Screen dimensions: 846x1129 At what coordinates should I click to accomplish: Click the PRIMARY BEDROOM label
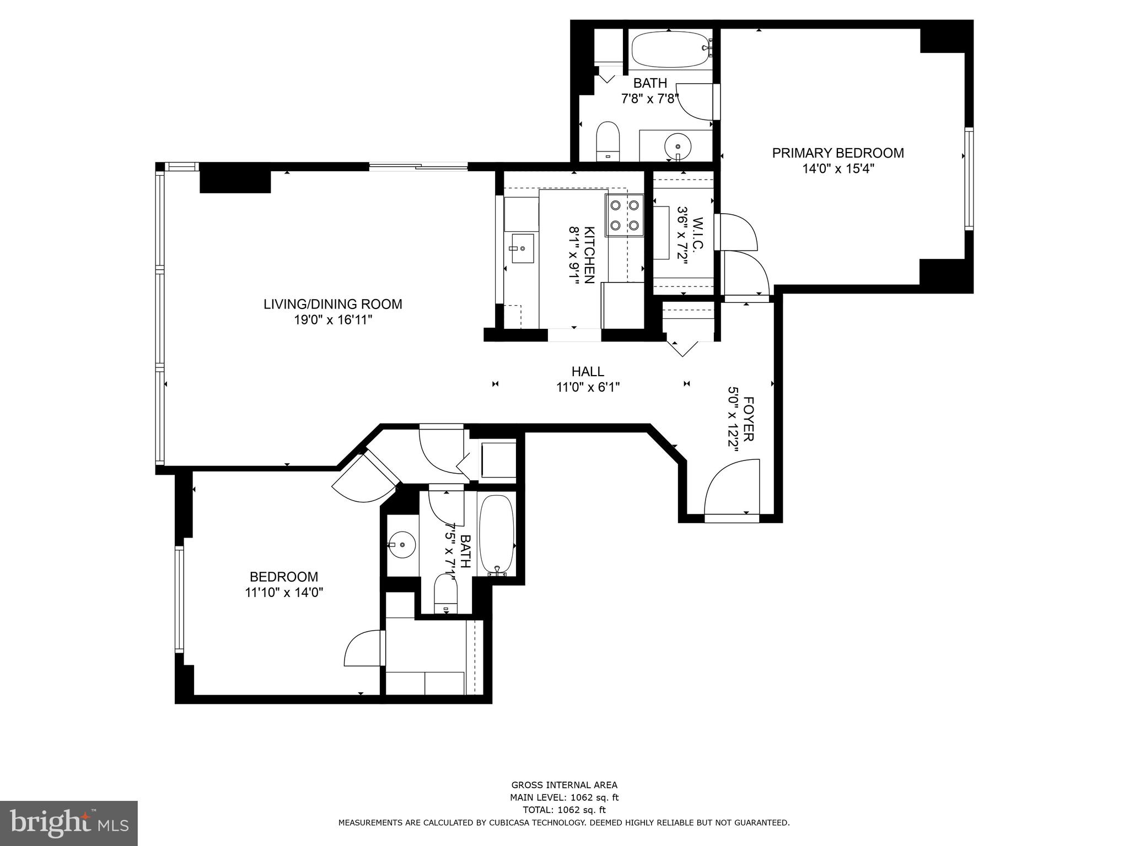point(837,153)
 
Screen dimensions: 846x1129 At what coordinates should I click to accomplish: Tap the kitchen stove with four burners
point(624,215)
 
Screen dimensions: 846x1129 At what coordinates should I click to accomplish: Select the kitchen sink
point(522,248)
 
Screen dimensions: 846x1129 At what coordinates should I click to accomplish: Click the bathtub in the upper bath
point(670,50)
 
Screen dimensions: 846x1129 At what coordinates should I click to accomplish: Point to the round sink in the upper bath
point(677,147)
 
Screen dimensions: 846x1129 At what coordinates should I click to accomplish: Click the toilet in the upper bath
point(608,140)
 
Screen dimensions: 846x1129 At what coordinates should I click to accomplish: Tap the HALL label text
point(588,372)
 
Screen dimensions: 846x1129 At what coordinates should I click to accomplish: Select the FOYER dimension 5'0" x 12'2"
point(733,419)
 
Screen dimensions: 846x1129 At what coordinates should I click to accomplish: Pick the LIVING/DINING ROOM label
point(332,304)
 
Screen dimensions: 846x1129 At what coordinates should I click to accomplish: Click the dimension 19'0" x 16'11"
point(333,320)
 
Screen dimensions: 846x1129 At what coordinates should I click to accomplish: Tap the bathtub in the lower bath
point(496,535)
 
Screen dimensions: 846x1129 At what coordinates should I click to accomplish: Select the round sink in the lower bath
point(402,544)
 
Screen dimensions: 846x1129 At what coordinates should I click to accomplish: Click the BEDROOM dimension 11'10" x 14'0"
point(283,593)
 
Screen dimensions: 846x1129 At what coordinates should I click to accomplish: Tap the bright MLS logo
point(69,823)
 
